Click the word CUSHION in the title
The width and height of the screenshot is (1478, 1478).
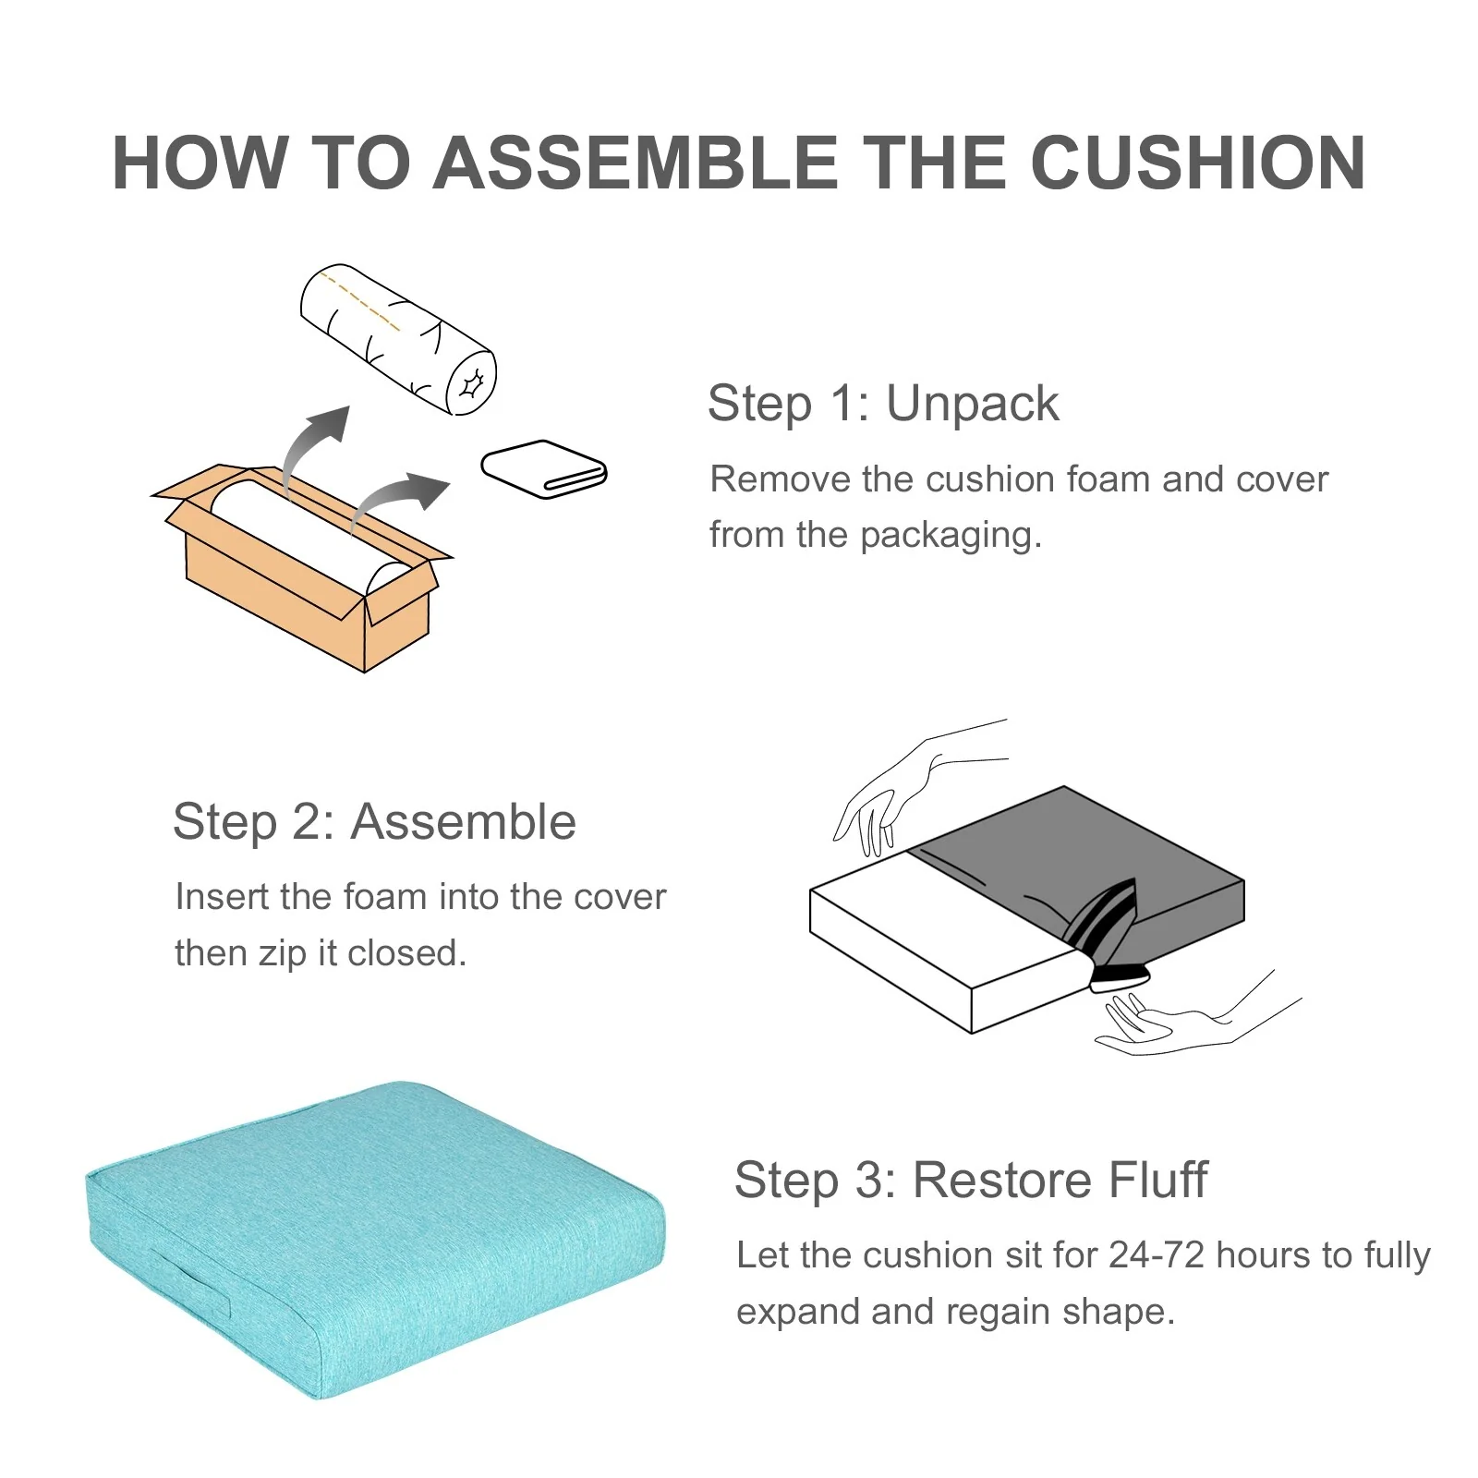coord(1197,163)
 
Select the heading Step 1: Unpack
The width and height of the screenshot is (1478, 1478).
coord(883,404)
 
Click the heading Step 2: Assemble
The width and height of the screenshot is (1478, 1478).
coord(374,821)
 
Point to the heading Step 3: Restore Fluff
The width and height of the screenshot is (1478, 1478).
coord(971,1180)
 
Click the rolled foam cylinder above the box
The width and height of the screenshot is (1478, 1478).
coord(398,339)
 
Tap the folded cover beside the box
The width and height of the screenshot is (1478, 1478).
coord(544,468)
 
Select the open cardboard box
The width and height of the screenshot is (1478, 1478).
coord(301,567)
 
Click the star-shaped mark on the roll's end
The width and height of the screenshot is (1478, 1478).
coord(472,383)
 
